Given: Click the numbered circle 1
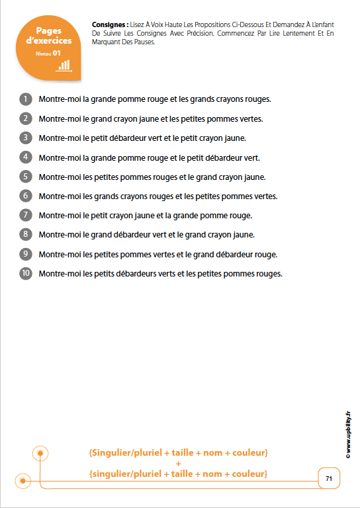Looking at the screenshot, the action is [x=26, y=99].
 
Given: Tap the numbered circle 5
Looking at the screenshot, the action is [x=26, y=177].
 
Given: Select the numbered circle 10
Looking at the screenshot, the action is [x=26, y=273].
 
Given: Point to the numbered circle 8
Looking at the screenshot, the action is [x=26, y=234].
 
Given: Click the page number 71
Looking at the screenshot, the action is [x=329, y=478].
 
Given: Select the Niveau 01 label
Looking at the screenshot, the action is [x=49, y=52].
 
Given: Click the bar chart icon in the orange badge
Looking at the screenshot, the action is [x=64, y=65].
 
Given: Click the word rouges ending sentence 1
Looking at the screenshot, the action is [x=258, y=99].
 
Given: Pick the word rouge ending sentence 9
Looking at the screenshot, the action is [x=265, y=254].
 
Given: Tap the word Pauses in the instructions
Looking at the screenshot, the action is [x=140, y=42].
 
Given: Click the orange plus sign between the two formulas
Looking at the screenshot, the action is [x=178, y=464].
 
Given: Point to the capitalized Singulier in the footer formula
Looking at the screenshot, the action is [x=108, y=453].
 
